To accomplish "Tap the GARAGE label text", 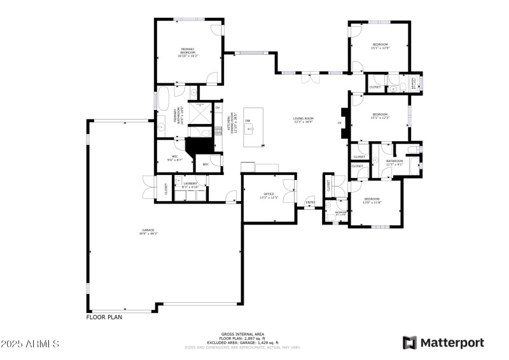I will (148, 232).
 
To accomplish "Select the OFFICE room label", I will (268, 195).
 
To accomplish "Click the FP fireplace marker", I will (339, 123).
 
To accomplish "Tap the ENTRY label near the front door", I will (310, 203).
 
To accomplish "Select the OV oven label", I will (217, 107).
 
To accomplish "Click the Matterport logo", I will (443, 343).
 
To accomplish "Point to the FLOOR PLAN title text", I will (104, 316).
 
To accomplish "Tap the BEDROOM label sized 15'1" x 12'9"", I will (380, 46).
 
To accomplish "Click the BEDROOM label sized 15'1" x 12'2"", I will (380, 116).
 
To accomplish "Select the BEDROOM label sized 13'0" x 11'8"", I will (372, 200).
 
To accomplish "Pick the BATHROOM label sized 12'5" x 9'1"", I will (394, 163).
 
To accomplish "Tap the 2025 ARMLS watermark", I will (30, 343).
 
